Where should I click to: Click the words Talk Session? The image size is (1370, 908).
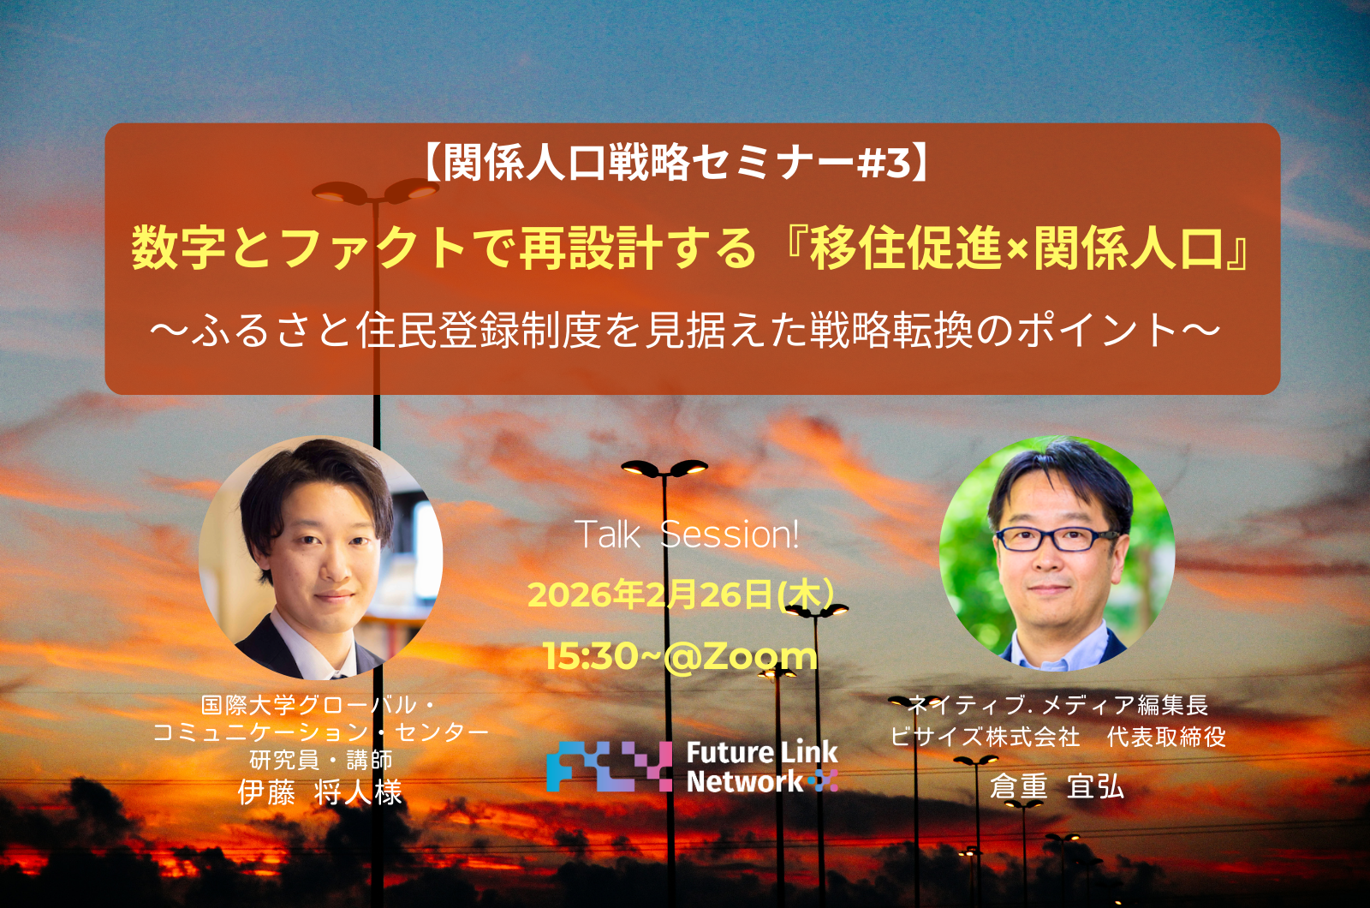point(688,535)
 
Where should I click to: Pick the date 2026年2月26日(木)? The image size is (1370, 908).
point(681,594)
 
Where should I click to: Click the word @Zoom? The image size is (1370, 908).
point(741,656)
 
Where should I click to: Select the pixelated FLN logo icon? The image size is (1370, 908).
point(609,766)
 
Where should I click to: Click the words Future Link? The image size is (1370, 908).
point(762,753)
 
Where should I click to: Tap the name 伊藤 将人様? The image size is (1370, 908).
point(320,793)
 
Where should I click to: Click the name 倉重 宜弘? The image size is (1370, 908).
point(1057,787)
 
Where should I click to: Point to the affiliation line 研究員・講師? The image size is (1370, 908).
point(320,760)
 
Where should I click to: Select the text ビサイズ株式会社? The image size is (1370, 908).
point(984,737)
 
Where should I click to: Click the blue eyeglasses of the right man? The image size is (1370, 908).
point(1057,539)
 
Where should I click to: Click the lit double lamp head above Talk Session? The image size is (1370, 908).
point(664,468)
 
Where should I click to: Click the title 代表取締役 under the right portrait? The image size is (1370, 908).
point(1166,737)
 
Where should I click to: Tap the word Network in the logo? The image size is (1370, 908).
point(744,781)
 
